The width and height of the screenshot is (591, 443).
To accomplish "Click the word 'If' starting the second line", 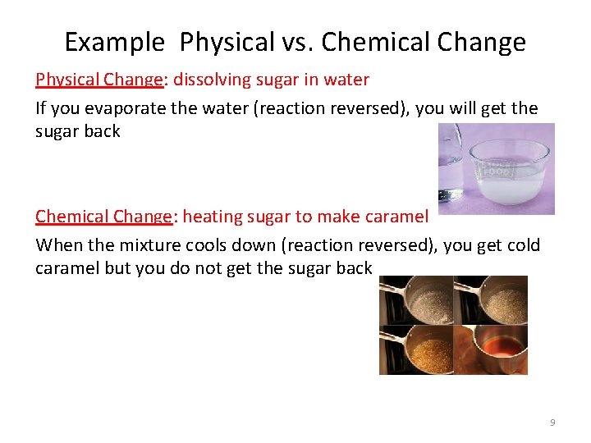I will coord(41,107).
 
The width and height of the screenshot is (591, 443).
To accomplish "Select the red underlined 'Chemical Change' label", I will coord(104,217).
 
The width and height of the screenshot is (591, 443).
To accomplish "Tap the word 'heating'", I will coord(213,217).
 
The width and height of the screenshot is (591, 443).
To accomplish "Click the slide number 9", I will coord(552,422).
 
